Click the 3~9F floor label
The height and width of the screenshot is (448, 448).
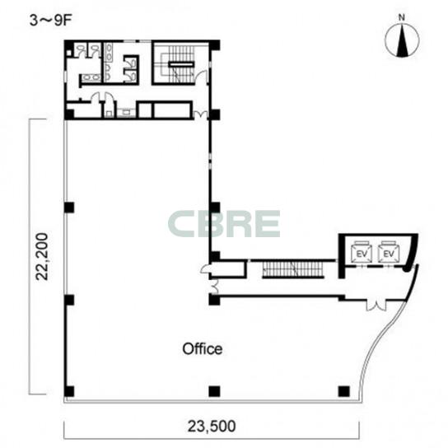pos(50,21)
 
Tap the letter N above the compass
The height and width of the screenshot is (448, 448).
pos(402,17)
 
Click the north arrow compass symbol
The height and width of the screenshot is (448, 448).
pos(402,40)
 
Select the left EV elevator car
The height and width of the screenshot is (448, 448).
pos(362,252)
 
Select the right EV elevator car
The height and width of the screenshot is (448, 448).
pos(388,252)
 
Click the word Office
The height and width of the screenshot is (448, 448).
pos(203,349)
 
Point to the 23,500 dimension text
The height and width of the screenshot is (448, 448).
pos(212,427)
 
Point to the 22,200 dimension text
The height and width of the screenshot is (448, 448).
pos(42,257)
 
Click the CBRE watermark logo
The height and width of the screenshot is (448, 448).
pos(224,224)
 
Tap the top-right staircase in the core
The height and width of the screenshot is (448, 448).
pos(181,64)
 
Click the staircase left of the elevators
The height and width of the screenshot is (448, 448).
pos(293,268)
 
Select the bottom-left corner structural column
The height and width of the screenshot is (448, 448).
pos(69,391)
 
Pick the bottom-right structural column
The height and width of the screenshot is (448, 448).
pos(343,391)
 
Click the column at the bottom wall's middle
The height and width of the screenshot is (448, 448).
pos(214,391)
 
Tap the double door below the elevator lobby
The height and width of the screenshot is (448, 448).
pos(376,306)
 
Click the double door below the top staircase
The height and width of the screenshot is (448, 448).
pos(201,114)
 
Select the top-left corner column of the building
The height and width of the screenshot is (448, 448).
pos(69,44)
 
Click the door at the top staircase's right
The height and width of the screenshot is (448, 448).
pos(202,77)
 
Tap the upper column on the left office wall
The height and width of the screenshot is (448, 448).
pos(69,208)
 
